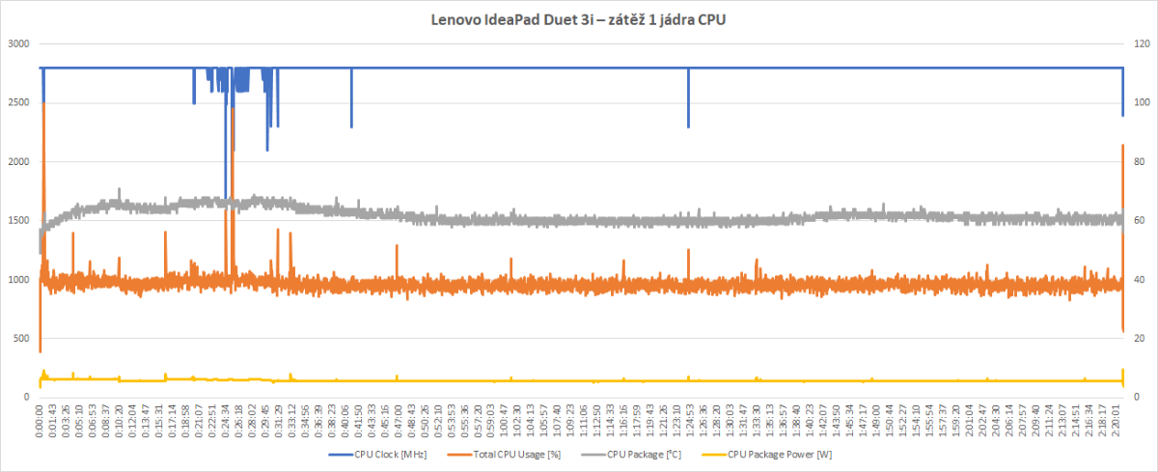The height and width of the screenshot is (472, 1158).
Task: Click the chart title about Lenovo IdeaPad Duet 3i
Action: pos(578,19)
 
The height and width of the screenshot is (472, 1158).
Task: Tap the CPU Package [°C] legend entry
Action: pos(636,454)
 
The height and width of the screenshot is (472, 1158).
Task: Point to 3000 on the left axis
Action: pos(18,43)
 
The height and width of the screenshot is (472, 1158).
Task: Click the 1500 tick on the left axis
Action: pos(18,221)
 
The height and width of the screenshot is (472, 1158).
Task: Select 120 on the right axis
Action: pos(1140,43)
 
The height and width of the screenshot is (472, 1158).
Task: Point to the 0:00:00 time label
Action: pos(41,421)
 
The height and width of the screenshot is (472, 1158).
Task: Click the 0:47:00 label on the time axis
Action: pos(398,421)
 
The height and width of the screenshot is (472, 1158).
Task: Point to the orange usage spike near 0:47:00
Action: pos(397,248)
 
